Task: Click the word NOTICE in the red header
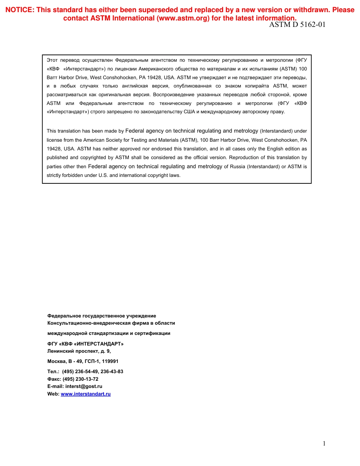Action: (x=19, y=10)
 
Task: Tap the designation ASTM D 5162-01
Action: (x=297, y=25)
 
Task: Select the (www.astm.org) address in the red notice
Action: (x=183, y=18)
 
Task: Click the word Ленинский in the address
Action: (x=60, y=351)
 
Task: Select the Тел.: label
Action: (x=53, y=372)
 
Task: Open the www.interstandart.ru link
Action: (x=86, y=394)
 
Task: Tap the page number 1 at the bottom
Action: (x=324, y=444)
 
